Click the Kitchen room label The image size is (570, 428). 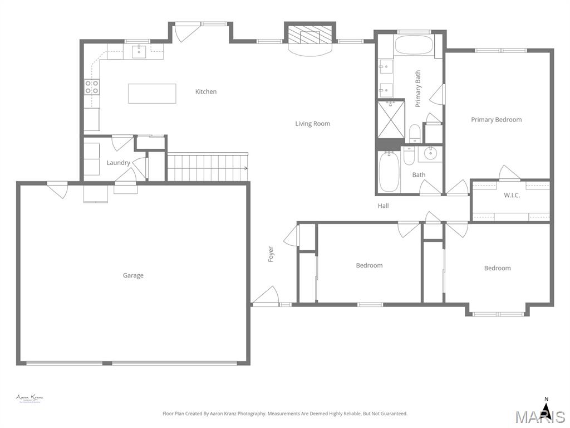click(x=205, y=91)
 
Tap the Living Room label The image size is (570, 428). click(x=312, y=124)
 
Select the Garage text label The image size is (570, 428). click(x=133, y=275)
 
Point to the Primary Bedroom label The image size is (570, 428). click(x=496, y=120)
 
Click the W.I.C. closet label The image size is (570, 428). click(x=512, y=196)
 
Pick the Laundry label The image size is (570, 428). click(x=118, y=163)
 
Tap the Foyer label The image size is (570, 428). click(x=271, y=254)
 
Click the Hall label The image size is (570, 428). click(x=383, y=206)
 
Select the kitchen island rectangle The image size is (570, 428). click(x=152, y=94)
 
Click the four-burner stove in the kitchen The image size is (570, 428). click(x=92, y=87)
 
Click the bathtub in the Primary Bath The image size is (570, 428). click(x=413, y=45)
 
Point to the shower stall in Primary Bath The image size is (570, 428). click(x=391, y=119)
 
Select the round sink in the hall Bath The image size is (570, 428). click(x=430, y=153)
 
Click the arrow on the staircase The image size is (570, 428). click(x=244, y=168)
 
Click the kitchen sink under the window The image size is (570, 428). click(x=139, y=52)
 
